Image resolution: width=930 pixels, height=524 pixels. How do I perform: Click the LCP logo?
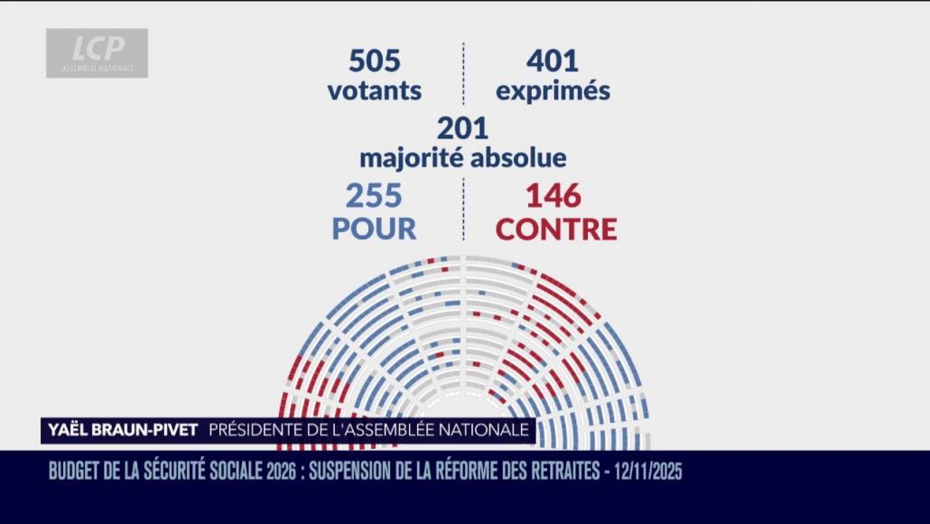point(98,52)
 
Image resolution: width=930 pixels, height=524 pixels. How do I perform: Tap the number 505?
point(374,61)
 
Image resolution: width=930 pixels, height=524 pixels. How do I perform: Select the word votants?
point(374,91)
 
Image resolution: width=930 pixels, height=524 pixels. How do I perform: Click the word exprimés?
point(553,92)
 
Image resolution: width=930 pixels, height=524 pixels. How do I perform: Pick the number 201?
point(462,128)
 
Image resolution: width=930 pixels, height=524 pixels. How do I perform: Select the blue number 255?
point(374,196)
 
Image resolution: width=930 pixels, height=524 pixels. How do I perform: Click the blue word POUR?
point(374,229)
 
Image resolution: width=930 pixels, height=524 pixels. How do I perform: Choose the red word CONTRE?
point(556,229)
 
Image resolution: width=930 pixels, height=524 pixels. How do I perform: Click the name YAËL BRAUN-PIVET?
point(120,430)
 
